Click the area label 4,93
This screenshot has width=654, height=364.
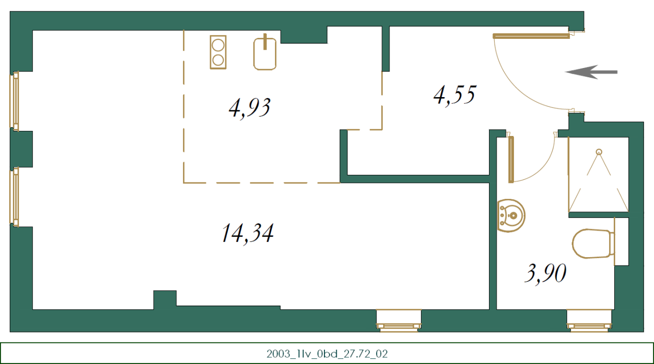pyautogui.click(x=249, y=108)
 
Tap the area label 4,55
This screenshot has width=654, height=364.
pyautogui.click(x=454, y=95)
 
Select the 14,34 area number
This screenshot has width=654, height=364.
pyautogui.click(x=247, y=233)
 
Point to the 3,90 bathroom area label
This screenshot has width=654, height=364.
pyautogui.click(x=545, y=274)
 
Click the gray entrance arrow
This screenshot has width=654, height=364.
pyautogui.click(x=591, y=72)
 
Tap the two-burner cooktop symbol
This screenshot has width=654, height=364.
pyautogui.click(x=218, y=52)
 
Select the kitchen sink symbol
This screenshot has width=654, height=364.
pyautogui.click(x=265, y=54)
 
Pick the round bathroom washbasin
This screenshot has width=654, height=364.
pyautogui.click(x=511, y=215)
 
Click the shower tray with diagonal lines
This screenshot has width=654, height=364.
pyautogui.click(x=598, y=174)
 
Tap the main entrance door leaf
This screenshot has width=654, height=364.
pyautogui.click(x=531, y=36)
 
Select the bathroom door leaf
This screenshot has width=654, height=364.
pyautogui.click(x=511, y=160)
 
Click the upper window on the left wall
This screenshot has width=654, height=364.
pyautogui.click(x=15, y=101)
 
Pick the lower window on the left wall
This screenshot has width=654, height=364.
pyautogui.click(x=15, y=197)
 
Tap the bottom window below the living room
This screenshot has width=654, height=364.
pyautogui.click(x=399, y=321)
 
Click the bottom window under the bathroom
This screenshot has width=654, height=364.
pyautogui.click(x=589, y=321)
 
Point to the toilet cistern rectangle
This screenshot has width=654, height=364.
pyautogui.click(x=621, y=241)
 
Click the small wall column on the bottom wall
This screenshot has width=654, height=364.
pyautogui.click(x=165, y=299)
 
